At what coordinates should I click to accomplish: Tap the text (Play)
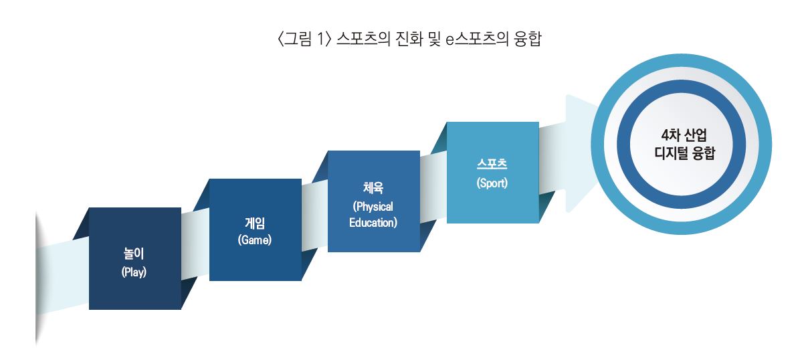click(x=134, y=272)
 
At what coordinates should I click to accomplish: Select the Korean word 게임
click(x=255, y=223)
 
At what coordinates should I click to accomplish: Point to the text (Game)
click(x=255, y=240)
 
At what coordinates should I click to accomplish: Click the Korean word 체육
click(x=373, y=188)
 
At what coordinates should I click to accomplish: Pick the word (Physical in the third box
click(x=373, y=207)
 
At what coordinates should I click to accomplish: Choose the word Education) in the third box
click(x=373, y=223)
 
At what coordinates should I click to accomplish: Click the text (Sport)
click(x=492, y=183)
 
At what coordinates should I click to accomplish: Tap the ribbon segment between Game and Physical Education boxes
click(x=314, y=215)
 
